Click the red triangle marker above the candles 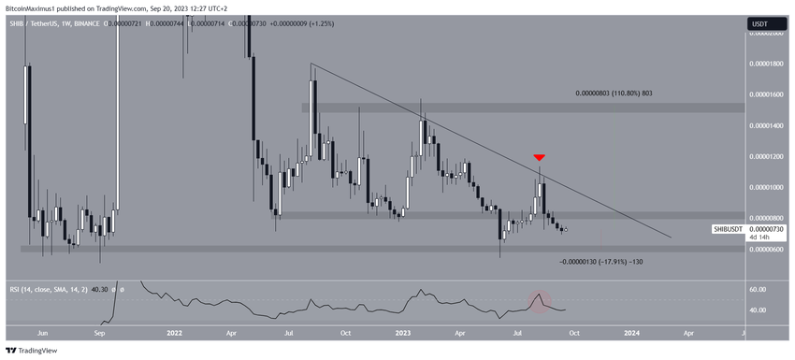(x=539, y=157)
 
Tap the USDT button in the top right (x=760, y=23)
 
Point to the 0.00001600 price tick (x=769, y=94)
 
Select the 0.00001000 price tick (x=769, y=187)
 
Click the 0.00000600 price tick (x=769, y=249)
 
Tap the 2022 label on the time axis (x=174, y=332)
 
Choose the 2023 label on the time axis (x=403, y=332)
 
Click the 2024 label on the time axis (x=632, y=332)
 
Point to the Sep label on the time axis (x=100, y=332)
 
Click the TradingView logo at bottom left (x=32, y=351)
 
